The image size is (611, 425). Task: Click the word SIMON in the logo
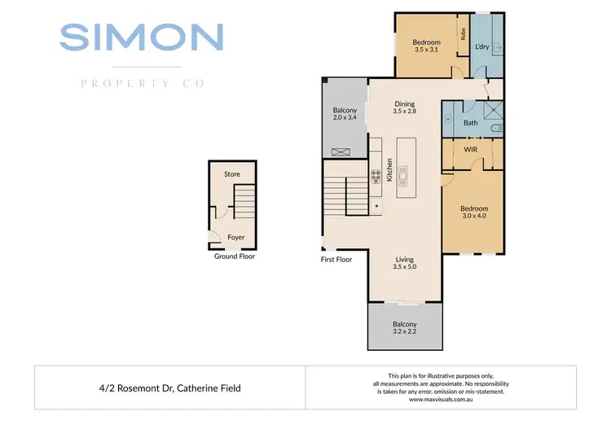click(141, 37)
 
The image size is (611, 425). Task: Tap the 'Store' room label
click(232, 174)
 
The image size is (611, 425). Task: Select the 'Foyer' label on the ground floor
click(236, 238)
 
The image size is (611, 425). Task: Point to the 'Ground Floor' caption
click(235, 256)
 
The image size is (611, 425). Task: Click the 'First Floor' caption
click(336, 260)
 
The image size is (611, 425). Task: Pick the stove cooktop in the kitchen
click(376, 177)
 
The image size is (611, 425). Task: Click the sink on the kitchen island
click(406, 173)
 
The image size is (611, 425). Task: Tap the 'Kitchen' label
click(390, 170)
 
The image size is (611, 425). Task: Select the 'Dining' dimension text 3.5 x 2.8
click(405, 112)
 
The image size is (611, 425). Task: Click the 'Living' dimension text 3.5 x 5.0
click(405, 266)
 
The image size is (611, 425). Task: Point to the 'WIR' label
click(470, 150)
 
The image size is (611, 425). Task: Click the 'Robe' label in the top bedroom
click(463, 34)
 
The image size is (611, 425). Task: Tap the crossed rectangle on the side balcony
click(342, 151)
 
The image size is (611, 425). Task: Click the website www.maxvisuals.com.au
click(441, 400)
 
